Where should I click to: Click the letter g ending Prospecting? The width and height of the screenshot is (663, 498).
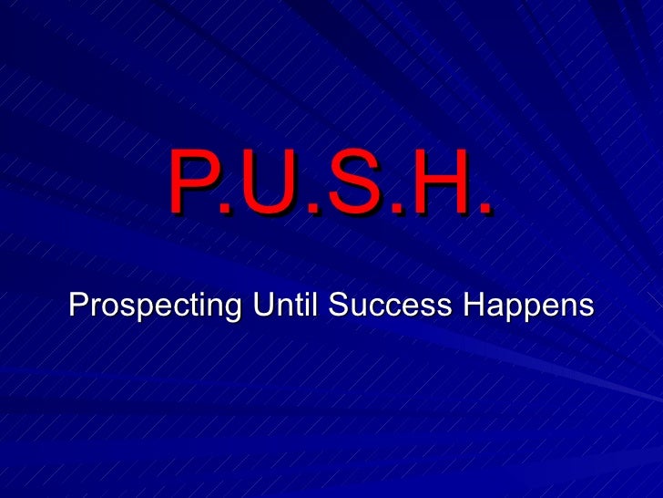232,308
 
